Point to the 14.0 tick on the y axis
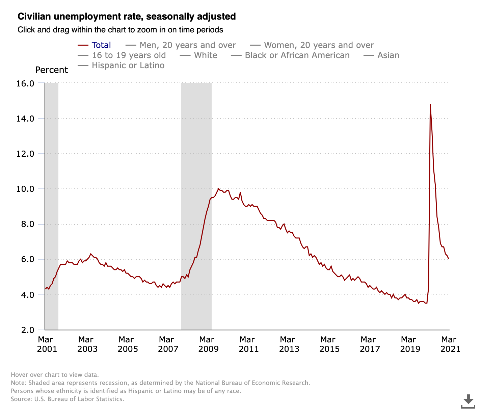[25, 119]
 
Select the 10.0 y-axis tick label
[25, 189]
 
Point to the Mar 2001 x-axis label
[47, 344]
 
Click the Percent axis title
[51, 70]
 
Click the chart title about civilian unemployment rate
[127, 17]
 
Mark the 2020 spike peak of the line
[430, 105]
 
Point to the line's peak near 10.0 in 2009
[219, 189]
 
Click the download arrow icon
[468, 401]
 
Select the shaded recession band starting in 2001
[51, 206]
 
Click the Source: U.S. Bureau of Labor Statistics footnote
[68, 399]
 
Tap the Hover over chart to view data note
[55, 375]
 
